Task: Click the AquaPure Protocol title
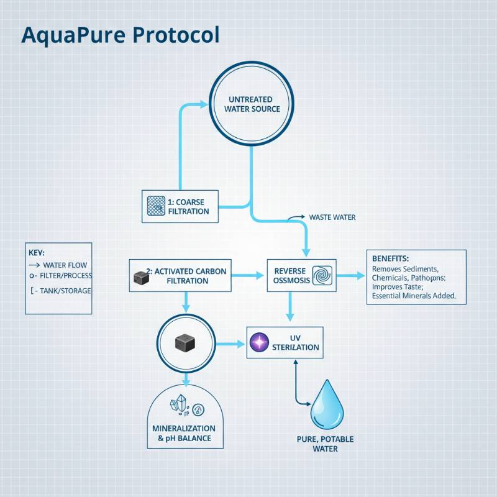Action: click(121, 35)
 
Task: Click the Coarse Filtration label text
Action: click(189, 206)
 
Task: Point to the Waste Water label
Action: click(332, 217)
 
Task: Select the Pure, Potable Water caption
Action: click(325, 444)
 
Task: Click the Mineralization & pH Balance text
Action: click(184, 434)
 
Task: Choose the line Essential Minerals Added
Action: click(410, 297)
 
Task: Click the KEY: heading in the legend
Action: click(37, 253)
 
